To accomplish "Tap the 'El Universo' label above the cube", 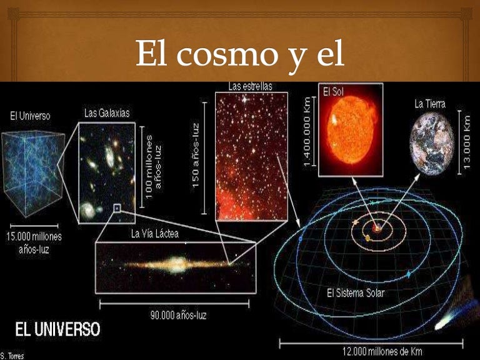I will pos(30,116).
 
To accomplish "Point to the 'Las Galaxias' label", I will pos(106,113).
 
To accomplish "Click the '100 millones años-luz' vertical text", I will pos(154,166).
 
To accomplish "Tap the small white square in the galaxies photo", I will pos(116,207).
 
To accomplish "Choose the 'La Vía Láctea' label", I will pos(154,234).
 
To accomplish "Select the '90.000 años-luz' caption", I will pos(178,315).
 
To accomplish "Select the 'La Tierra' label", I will pos(429,103).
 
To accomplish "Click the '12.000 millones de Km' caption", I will pos(375,352).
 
